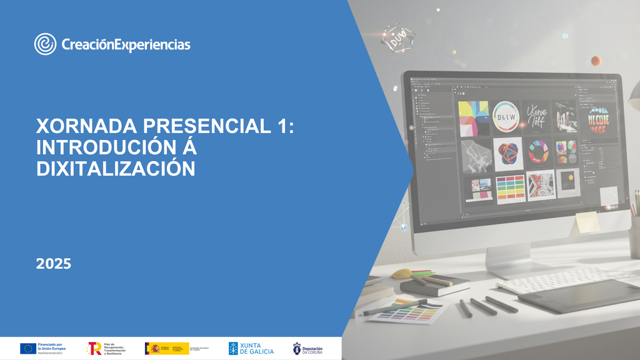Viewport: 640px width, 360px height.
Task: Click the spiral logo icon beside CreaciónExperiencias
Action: coord(46,44)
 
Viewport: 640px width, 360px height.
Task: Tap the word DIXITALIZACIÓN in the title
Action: coord(116,167)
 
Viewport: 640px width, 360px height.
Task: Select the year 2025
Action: coord(54,264)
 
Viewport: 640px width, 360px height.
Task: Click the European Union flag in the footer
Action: coord(27,348)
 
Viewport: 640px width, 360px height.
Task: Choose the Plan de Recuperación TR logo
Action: coord(94,348)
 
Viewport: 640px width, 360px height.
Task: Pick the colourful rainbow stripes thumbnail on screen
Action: coord(510,187)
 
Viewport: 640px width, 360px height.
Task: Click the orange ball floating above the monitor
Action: coord(596,61)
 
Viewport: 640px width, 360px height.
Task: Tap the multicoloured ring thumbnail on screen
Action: coord(537,151)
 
